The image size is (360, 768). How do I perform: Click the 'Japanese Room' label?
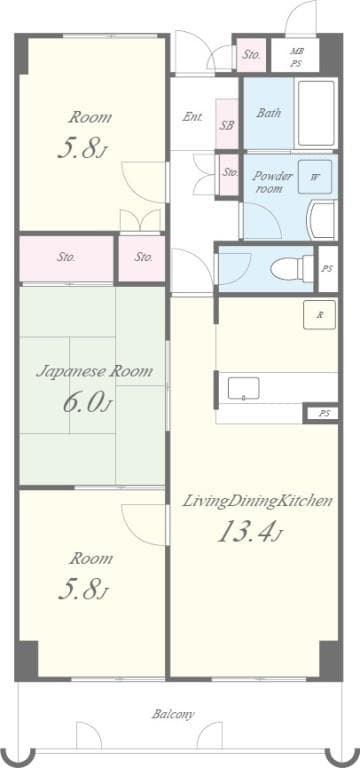point(95,371)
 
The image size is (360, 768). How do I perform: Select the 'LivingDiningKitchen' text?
point(257,501)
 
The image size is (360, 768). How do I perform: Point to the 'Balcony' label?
point(173,714)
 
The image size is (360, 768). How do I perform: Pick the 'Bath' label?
point(268,113)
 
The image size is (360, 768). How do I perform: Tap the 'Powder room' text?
point(272,182)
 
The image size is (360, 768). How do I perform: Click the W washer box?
point(315,177)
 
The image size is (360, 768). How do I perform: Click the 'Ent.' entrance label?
point(192,117)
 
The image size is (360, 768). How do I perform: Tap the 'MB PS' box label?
point(296,56)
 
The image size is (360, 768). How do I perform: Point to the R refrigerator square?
point(320,315)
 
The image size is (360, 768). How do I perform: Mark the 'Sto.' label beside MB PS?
point(251,55)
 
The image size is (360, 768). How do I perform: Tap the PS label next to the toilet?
point(327,268)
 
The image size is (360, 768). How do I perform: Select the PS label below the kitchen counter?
point(323,412)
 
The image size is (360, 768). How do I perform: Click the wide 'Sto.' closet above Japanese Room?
point(66,257)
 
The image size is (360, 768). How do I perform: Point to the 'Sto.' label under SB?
point(229,172)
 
